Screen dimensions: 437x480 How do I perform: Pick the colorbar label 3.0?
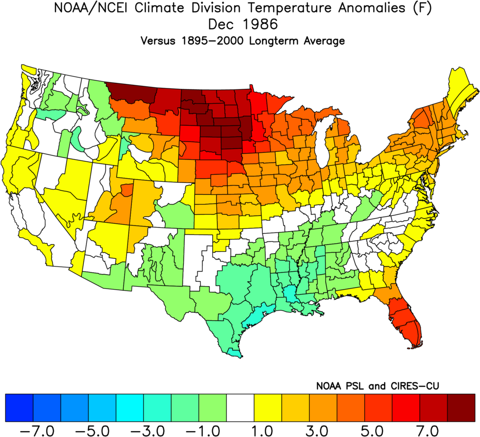coord(324,430)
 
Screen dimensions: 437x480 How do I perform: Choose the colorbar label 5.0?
coord(379,430)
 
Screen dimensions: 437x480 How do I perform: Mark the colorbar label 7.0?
coord(435,430)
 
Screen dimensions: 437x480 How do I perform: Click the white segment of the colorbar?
coord(240,408)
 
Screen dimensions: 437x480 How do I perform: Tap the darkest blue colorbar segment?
coord(19,408)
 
